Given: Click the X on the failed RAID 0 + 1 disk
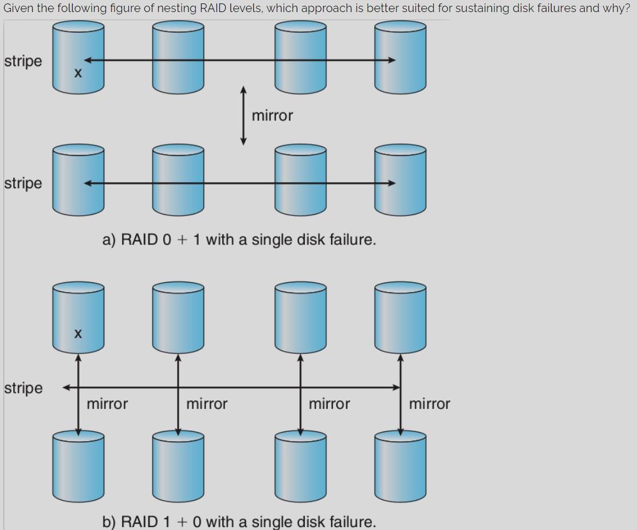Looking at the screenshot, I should coord(78,73).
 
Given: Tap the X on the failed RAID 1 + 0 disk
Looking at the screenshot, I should coord(78,333).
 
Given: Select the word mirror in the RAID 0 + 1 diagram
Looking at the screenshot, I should coord(272,116).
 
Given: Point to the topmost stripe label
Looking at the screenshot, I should coord(23,61).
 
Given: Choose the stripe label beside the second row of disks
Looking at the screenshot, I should coord(23,184).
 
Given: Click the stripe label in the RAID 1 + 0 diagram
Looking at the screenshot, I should coord(23,388).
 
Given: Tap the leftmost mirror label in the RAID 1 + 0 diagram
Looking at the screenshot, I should coord(107,404).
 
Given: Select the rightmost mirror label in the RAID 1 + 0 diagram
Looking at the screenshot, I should coord(429,404).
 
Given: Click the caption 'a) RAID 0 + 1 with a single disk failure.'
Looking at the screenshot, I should coord(239,240).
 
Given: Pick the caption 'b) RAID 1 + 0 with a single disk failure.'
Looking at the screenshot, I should coord(239,521).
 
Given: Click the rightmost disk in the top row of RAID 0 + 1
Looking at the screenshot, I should coord(400,57).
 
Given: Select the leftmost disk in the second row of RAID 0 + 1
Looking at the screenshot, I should coord(78,180).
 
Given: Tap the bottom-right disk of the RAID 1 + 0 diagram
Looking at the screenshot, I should coord(400,466).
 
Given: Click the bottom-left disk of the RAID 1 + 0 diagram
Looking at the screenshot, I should coord(78,466).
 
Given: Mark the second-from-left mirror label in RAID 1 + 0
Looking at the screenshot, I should coord(207,404).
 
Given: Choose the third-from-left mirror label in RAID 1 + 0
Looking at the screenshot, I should coord(329,404).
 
